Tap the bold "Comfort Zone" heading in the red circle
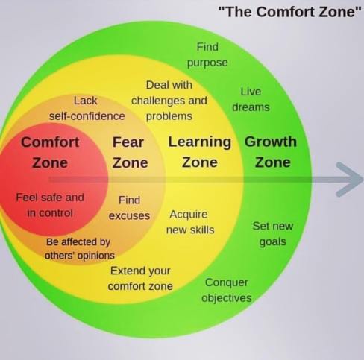(x=50, y=151)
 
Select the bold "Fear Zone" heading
(x=128, y=151)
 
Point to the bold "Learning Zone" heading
(x=200, y=151)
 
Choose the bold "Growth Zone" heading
(x=271, y=151)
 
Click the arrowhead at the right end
(x=350, y=180)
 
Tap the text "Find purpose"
(x=207, y=55)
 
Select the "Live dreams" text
(x=251, y=99)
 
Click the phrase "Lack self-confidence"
(x=87, y=108)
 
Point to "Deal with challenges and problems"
(x=169, y=101)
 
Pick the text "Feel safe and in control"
(x=50, y=205)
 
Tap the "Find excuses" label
(x=129, y=208)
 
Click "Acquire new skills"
(x=189, y=221)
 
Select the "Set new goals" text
(x=272, y=233)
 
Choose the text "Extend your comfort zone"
(x=140, y=278)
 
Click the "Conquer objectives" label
(x=226, y=291)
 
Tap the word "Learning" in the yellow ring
(x=200, y=142)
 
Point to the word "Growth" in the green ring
(x=271, y=142)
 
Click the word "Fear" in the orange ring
(x=128, y=142)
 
